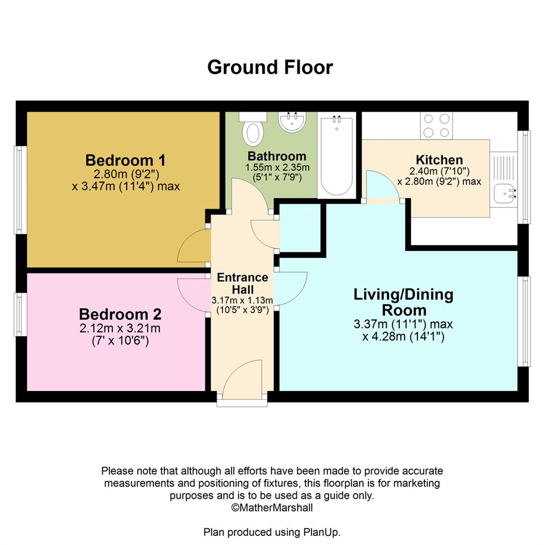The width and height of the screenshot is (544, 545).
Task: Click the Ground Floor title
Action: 270,67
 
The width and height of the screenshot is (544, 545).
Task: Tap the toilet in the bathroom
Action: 252,129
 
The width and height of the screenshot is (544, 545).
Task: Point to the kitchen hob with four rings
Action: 437,126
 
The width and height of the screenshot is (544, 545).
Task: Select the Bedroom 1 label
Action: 125,160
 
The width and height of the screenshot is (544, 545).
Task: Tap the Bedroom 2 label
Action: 120,314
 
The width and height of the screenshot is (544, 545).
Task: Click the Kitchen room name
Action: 439,160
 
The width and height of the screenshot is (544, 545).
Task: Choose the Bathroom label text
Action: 277,156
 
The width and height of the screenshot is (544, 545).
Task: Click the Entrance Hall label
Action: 242,283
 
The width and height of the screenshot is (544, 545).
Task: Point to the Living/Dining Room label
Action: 403,301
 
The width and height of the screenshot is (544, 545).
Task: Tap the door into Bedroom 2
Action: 194,296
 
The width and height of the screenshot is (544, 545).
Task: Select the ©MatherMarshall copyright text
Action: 271,508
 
